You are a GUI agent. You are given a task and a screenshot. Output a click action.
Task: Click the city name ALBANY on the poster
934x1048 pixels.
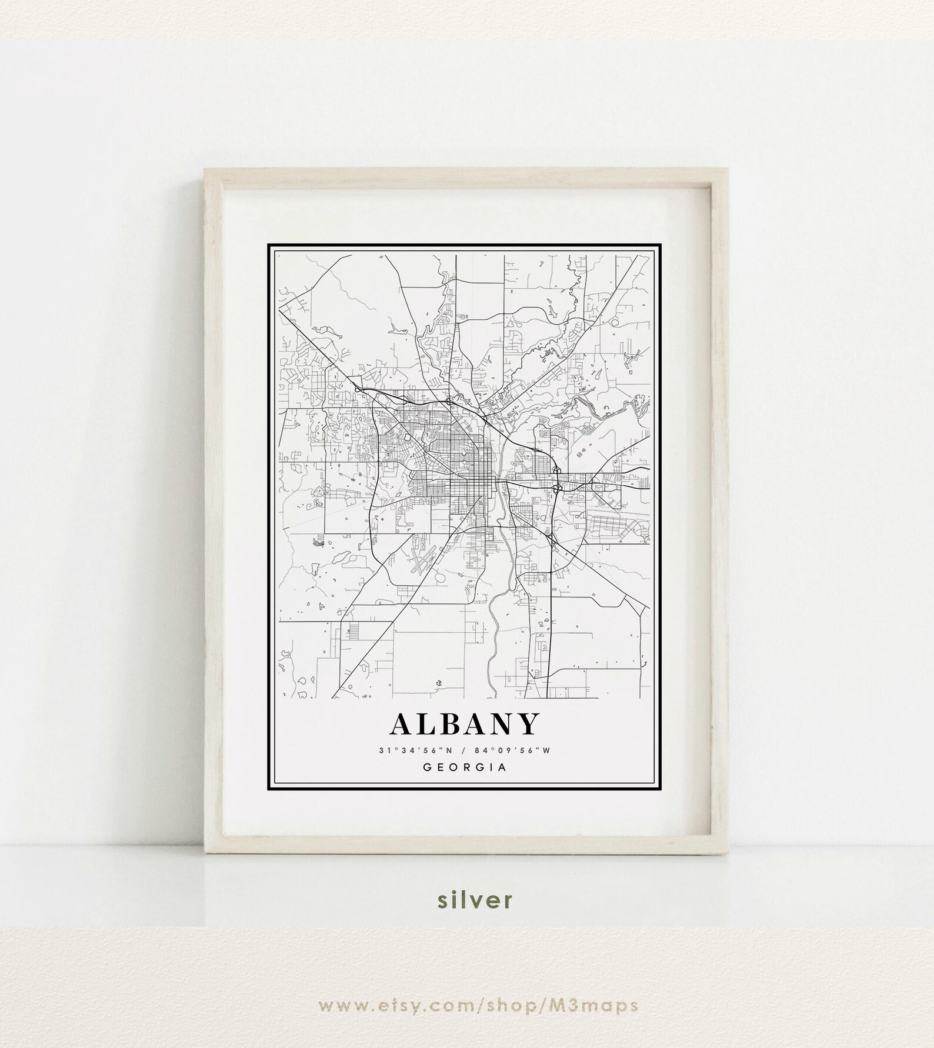[464, 724]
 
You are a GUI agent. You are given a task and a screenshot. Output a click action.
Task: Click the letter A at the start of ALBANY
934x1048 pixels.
[402, 725]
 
